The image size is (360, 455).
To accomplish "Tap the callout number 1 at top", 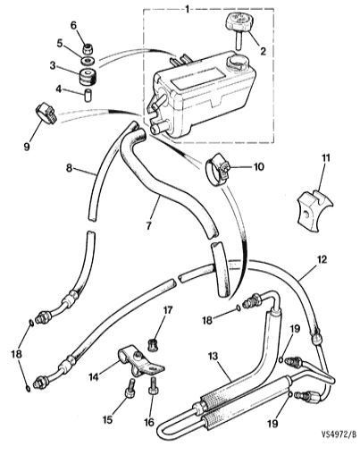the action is coord(188,9).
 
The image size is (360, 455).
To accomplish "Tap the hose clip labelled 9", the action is coord(46,115).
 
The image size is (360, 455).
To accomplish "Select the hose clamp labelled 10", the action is coord(218,169).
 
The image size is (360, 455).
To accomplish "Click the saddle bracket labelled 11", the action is coord(314,206).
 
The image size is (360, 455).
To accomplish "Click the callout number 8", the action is coord(69,168).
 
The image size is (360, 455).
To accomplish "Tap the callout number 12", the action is coord(322,259).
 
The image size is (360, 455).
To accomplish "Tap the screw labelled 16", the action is coord(153,386).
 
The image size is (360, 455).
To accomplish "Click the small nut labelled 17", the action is coord(154,346).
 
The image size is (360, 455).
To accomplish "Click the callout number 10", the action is coord(258,166).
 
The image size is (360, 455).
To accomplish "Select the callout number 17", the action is coord(167,310).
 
